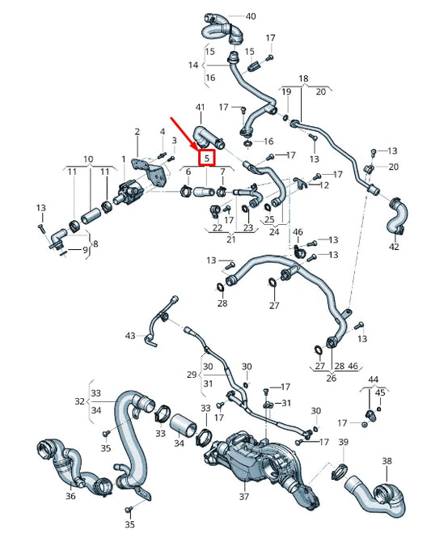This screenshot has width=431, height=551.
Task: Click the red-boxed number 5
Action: (207, 157)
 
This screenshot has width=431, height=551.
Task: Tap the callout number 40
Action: (250, 16)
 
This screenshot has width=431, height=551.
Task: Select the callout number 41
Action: (201, 107)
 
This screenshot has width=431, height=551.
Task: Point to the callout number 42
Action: (394, 246)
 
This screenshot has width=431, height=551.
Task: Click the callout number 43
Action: (130, 335)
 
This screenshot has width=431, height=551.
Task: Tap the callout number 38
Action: (387, 461)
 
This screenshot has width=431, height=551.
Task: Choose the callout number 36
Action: (70, 496)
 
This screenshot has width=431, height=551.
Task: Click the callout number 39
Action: (343, 443)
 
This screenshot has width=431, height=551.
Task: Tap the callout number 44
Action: (373, 379)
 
